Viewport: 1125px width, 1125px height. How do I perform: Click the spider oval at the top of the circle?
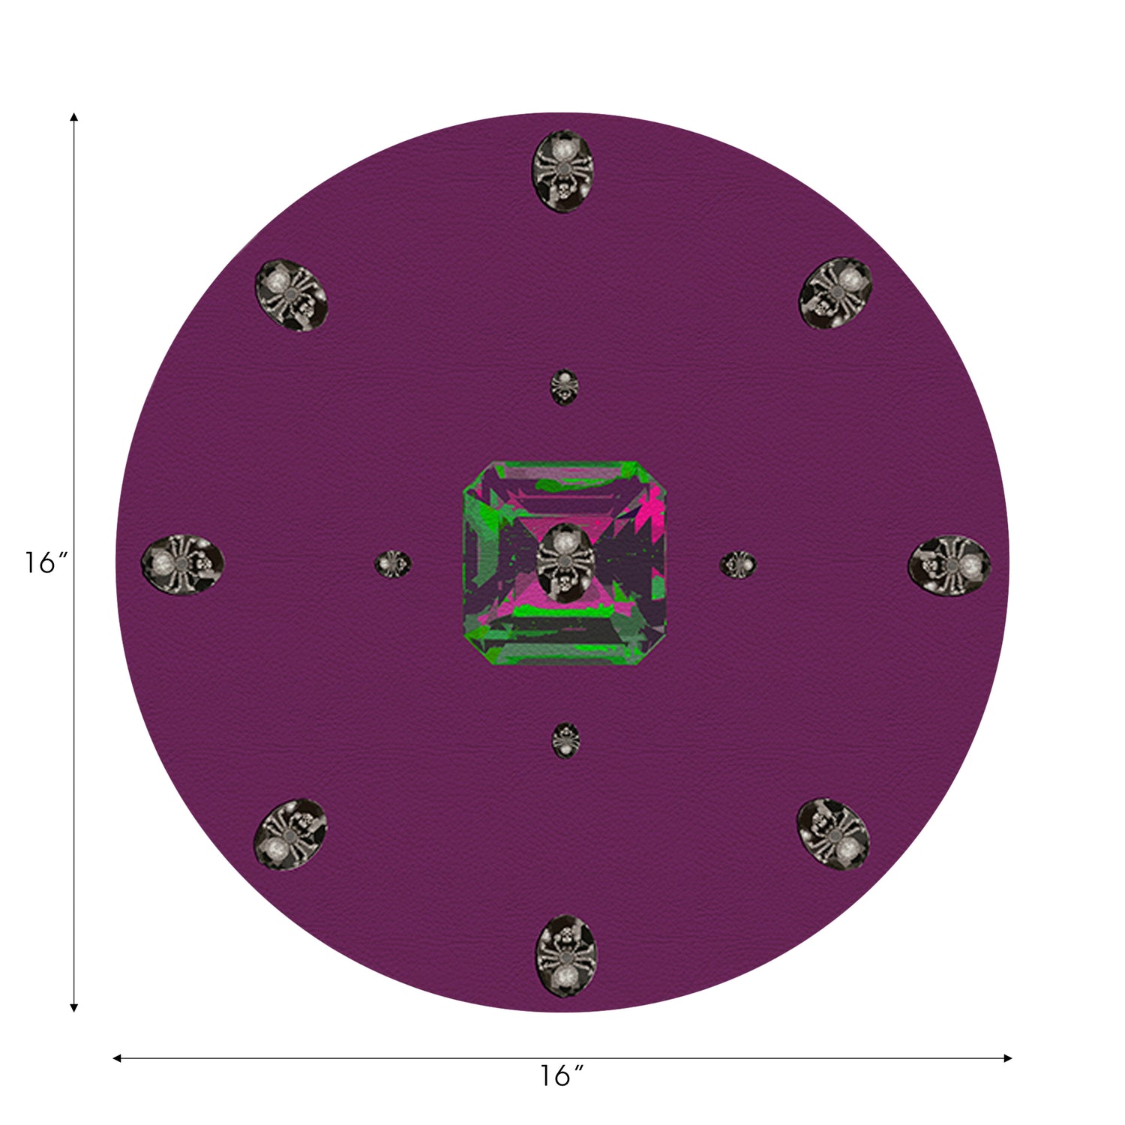(x=562, y=171)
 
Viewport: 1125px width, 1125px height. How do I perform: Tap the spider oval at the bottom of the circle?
(x=565, y=955)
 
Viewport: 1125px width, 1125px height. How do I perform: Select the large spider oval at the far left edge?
(x=183, y=562)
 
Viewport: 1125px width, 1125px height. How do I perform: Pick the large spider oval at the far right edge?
(x=949, y=565)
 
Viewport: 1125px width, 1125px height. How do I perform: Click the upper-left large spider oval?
(x=292, y=295)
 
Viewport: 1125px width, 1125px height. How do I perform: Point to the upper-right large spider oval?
(x=835, y=292)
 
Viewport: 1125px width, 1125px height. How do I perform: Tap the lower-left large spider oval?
(x=291, y=834)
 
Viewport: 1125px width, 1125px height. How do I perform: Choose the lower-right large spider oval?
(x=833, y=833)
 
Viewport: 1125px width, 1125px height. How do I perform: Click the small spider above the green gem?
(x=564, y=387)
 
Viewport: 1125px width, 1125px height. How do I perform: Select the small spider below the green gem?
(x=565, y=740)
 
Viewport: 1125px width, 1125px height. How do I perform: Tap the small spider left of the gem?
(x=393, y=563)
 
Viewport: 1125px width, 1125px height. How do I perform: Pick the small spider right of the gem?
(x=738, y=565)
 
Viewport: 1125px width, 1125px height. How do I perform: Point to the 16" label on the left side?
(x=46, y=562)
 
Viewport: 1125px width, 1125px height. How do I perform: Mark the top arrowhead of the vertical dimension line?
(x=73, y=118)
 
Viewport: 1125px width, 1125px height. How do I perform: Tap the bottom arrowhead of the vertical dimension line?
(x=73, y=1007)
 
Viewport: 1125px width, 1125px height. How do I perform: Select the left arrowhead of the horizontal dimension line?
(x=117, y=1058)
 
